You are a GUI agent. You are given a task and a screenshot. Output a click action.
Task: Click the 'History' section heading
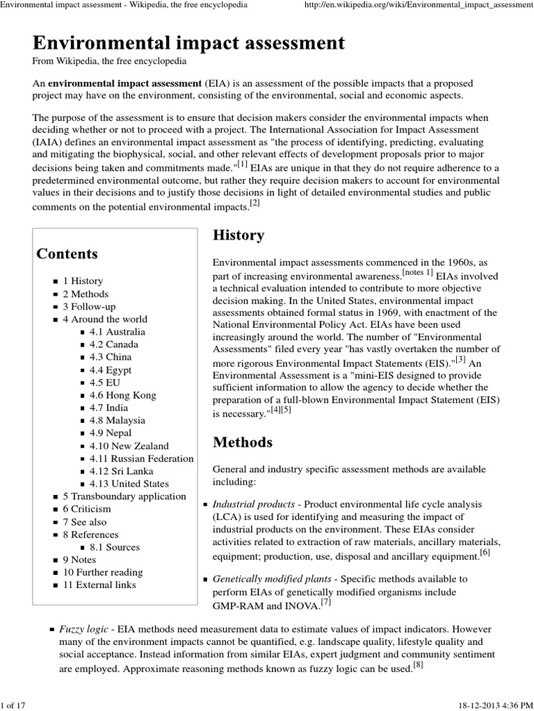point(238,235)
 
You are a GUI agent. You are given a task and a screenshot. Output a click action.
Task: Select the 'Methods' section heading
point(242,442)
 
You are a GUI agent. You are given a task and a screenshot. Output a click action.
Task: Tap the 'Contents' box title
point(67,253)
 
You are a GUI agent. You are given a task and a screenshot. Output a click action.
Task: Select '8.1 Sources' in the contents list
point(115,547)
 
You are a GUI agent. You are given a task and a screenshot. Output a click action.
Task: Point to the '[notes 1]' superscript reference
point(417,273)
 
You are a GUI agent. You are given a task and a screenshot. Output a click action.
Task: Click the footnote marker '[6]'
point(485,553)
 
